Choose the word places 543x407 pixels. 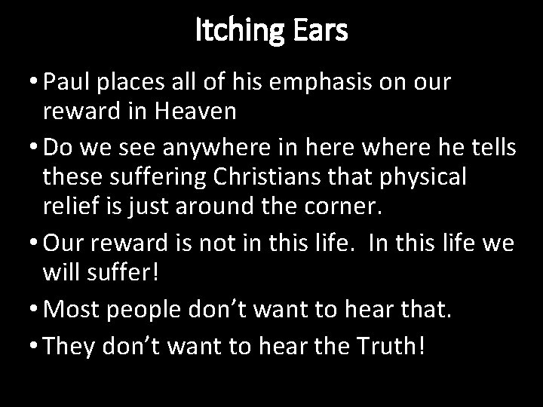(x=140, y=84)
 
